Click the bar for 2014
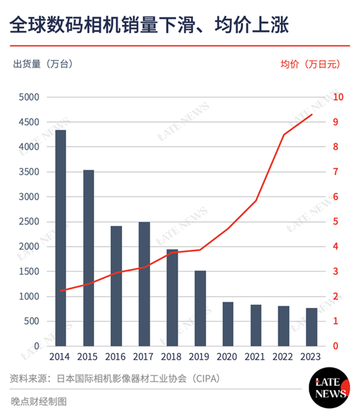coord(60,238)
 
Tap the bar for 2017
coord(144,284)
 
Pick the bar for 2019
coord(200,308)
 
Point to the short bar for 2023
coord(311,327)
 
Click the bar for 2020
coord(228,324)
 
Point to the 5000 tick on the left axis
coord(30,97)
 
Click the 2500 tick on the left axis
coord(30,222)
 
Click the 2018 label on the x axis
coord(172,356)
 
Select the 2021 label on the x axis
coord(255,356)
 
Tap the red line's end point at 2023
coord(312,114)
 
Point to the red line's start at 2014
coord(60,291)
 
